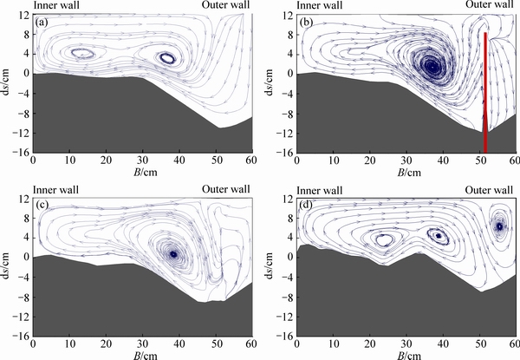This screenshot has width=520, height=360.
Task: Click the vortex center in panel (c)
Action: [173, 255]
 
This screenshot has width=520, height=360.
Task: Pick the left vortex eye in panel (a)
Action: [82, 54]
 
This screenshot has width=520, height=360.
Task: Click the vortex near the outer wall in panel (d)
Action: [499, 226]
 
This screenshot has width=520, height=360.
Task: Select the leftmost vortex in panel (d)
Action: [384, 239]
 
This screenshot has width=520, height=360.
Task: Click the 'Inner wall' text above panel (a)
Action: [55, 5]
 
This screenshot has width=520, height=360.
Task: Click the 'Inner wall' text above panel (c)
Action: [55, 189]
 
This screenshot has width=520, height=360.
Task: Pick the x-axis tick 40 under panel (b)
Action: [443, 161]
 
